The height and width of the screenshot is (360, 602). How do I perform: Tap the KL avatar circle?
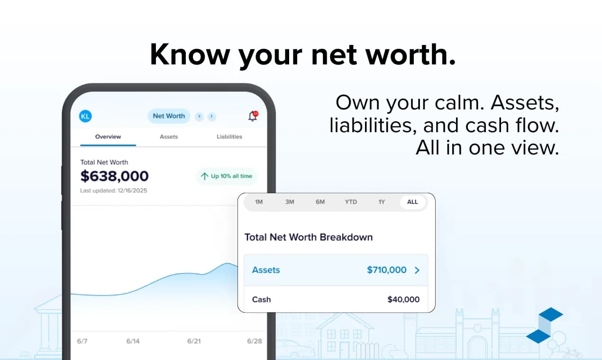(x=85, y=116)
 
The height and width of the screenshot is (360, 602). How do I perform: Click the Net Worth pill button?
(x=169, y=116)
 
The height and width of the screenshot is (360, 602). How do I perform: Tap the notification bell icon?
(x=253, y=117)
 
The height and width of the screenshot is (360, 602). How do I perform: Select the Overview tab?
(x=108, y=136)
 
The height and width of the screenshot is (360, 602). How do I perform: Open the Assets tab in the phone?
(x=169, y=136)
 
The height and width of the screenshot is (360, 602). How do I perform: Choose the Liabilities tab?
(x=229, y=136)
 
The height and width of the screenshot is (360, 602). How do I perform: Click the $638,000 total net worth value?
(x=115, y=176)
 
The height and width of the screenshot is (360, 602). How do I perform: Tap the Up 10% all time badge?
(x=227, y=176)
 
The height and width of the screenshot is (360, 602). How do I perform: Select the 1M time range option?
(x=259, y=202)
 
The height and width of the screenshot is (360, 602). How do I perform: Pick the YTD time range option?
(x=351, y=202)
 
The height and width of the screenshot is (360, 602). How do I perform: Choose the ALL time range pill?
(x=412, y=202)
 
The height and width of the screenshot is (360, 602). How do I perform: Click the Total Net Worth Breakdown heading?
(x=309, y=237)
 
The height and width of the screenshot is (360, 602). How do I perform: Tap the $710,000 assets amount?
(x=387, y=270)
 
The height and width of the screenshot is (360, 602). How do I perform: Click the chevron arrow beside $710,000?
(x=417, y=270)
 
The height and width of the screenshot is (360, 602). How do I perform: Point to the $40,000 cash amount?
(x=403, y=299)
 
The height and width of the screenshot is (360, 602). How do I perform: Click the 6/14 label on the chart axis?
(x=133, y=341)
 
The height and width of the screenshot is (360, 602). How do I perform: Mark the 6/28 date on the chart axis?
(x=255, y=341)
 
